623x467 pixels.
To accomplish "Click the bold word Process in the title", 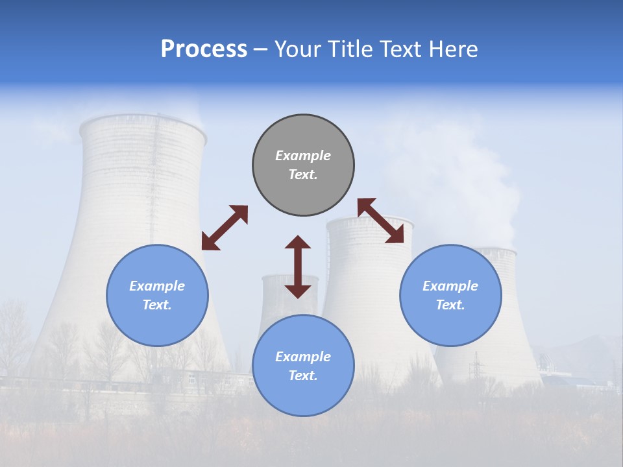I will (x=204, y=49).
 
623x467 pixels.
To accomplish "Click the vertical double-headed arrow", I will (x=298, y=267).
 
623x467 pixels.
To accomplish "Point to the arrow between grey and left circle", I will (x=225, y=228).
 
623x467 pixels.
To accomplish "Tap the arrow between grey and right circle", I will (x=381, y=221).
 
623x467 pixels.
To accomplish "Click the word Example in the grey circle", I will (x=303, y=156).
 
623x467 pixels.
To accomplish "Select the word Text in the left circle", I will (x=156, y=305).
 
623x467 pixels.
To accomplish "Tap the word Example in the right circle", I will (x=450, y=286).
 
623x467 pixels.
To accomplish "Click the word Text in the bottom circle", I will (x=302, y=376).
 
